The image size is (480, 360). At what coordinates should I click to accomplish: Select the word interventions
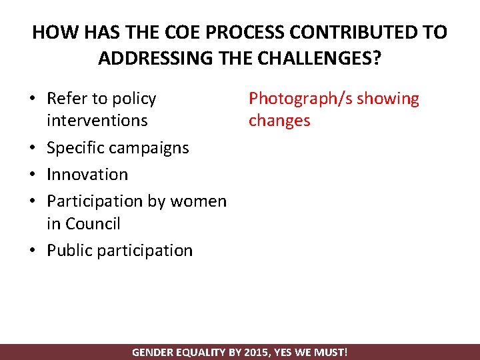(97, 121)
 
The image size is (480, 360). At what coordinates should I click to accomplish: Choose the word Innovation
(87, 174)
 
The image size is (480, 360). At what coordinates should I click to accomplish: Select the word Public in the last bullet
(70, 250)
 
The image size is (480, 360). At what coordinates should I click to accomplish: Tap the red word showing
(389, 99)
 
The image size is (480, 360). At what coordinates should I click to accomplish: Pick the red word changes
(279, 121)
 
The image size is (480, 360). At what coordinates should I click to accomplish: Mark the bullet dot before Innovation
(33, 175)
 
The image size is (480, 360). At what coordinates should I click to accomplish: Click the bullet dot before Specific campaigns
(33, 148)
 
